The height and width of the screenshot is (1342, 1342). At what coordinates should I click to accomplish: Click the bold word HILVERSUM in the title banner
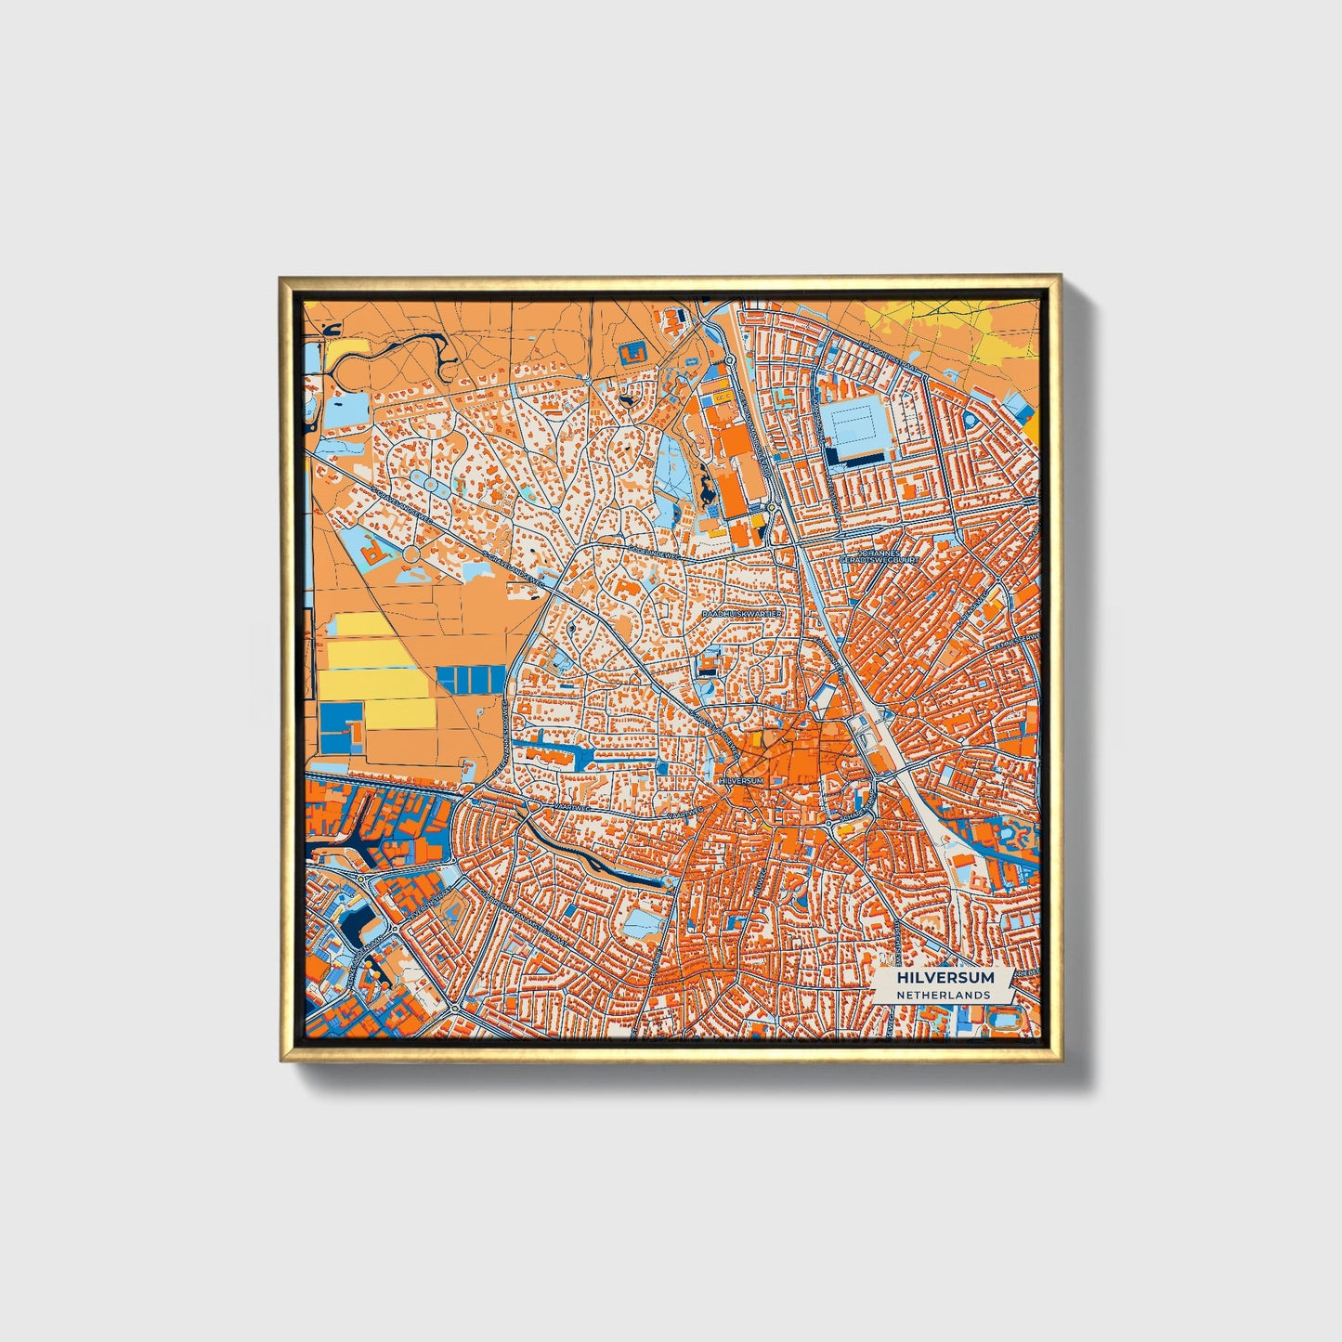(945, 978)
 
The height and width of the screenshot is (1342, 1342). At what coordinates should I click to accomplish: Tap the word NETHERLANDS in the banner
(943, 995)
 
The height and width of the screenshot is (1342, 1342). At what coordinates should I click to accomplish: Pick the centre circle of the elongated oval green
(431, 482)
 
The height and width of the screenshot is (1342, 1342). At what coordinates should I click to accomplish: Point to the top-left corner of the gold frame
(282, 279)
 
